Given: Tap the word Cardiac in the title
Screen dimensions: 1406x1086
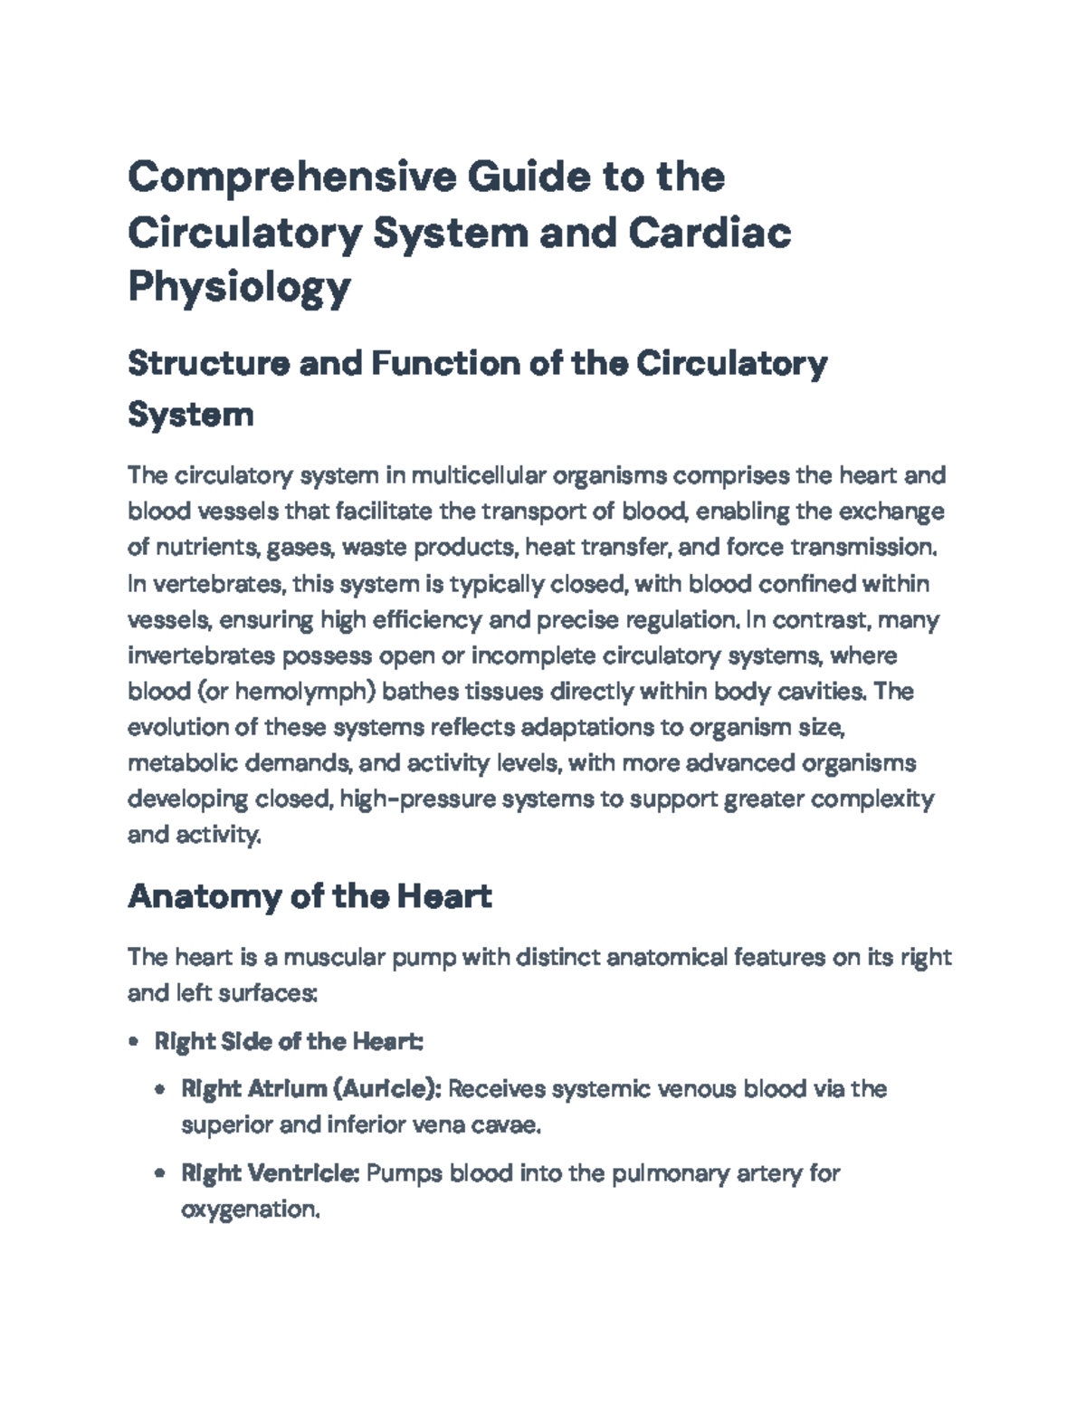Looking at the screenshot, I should [x=710, y=233].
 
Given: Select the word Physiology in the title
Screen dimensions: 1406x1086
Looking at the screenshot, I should [x=239, y=288].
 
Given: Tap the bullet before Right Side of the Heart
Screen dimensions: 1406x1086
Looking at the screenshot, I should [x=134, y=1042].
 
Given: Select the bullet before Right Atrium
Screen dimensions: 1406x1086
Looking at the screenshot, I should [x=160, y=1089].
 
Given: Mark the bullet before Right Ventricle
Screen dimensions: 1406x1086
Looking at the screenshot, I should [x=160, y=1174].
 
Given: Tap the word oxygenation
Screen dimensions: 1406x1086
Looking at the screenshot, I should [x=250, y=1210].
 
